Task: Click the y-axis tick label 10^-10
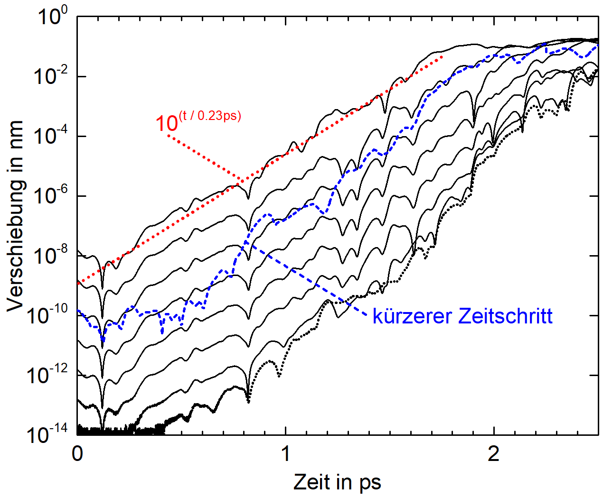tap(49, 315)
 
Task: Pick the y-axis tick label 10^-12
tap(49, 375)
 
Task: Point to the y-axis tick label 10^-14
tap(49, 434)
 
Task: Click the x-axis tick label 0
tap(77, 454)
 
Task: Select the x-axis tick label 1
tap(285, 454)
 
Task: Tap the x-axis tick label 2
tap(494, 454)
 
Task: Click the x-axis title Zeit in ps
tap(337, 482)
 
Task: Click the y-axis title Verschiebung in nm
tap(15, 216)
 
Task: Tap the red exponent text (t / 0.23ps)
tap(210, 115)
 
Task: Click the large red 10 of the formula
tap(167, 124)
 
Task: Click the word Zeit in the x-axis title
tap(311, 482)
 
